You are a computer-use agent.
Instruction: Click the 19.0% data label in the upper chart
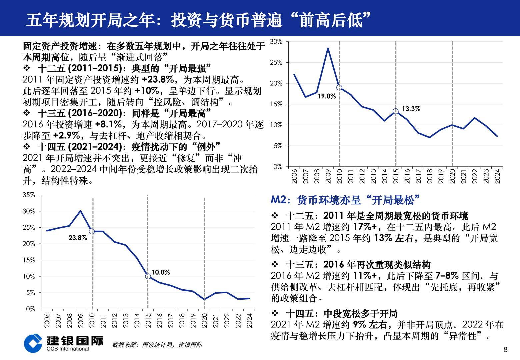coord(327,96)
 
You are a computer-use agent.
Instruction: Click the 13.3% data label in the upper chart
coord(411,109)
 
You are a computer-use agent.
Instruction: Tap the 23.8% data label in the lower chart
coord(78,238)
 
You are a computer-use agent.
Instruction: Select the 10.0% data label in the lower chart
coord(161,272)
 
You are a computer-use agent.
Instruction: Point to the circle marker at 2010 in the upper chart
coord(339,88)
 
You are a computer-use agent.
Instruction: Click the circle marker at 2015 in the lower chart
coord(148,276)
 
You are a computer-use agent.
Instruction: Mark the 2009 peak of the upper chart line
coord(328,48)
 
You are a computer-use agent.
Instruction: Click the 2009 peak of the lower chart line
coord(80,211)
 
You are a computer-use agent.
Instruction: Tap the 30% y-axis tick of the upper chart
coord(276,42)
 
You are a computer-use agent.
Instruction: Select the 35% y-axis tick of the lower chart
coord(29,195)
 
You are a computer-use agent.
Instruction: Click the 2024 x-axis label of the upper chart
coord(497,176)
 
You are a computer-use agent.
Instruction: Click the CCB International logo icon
coord(33,343)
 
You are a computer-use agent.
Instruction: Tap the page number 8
coord(506,349)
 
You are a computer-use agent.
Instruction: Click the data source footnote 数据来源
coord(157,345)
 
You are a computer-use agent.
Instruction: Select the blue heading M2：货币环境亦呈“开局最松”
coord(345,200)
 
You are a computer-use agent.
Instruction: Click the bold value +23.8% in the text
coord(158,79)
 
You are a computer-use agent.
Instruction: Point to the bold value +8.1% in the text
coord(109,124)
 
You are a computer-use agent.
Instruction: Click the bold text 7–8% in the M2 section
coord(447,276)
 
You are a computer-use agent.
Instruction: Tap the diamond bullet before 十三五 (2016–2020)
coord(27,113)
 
